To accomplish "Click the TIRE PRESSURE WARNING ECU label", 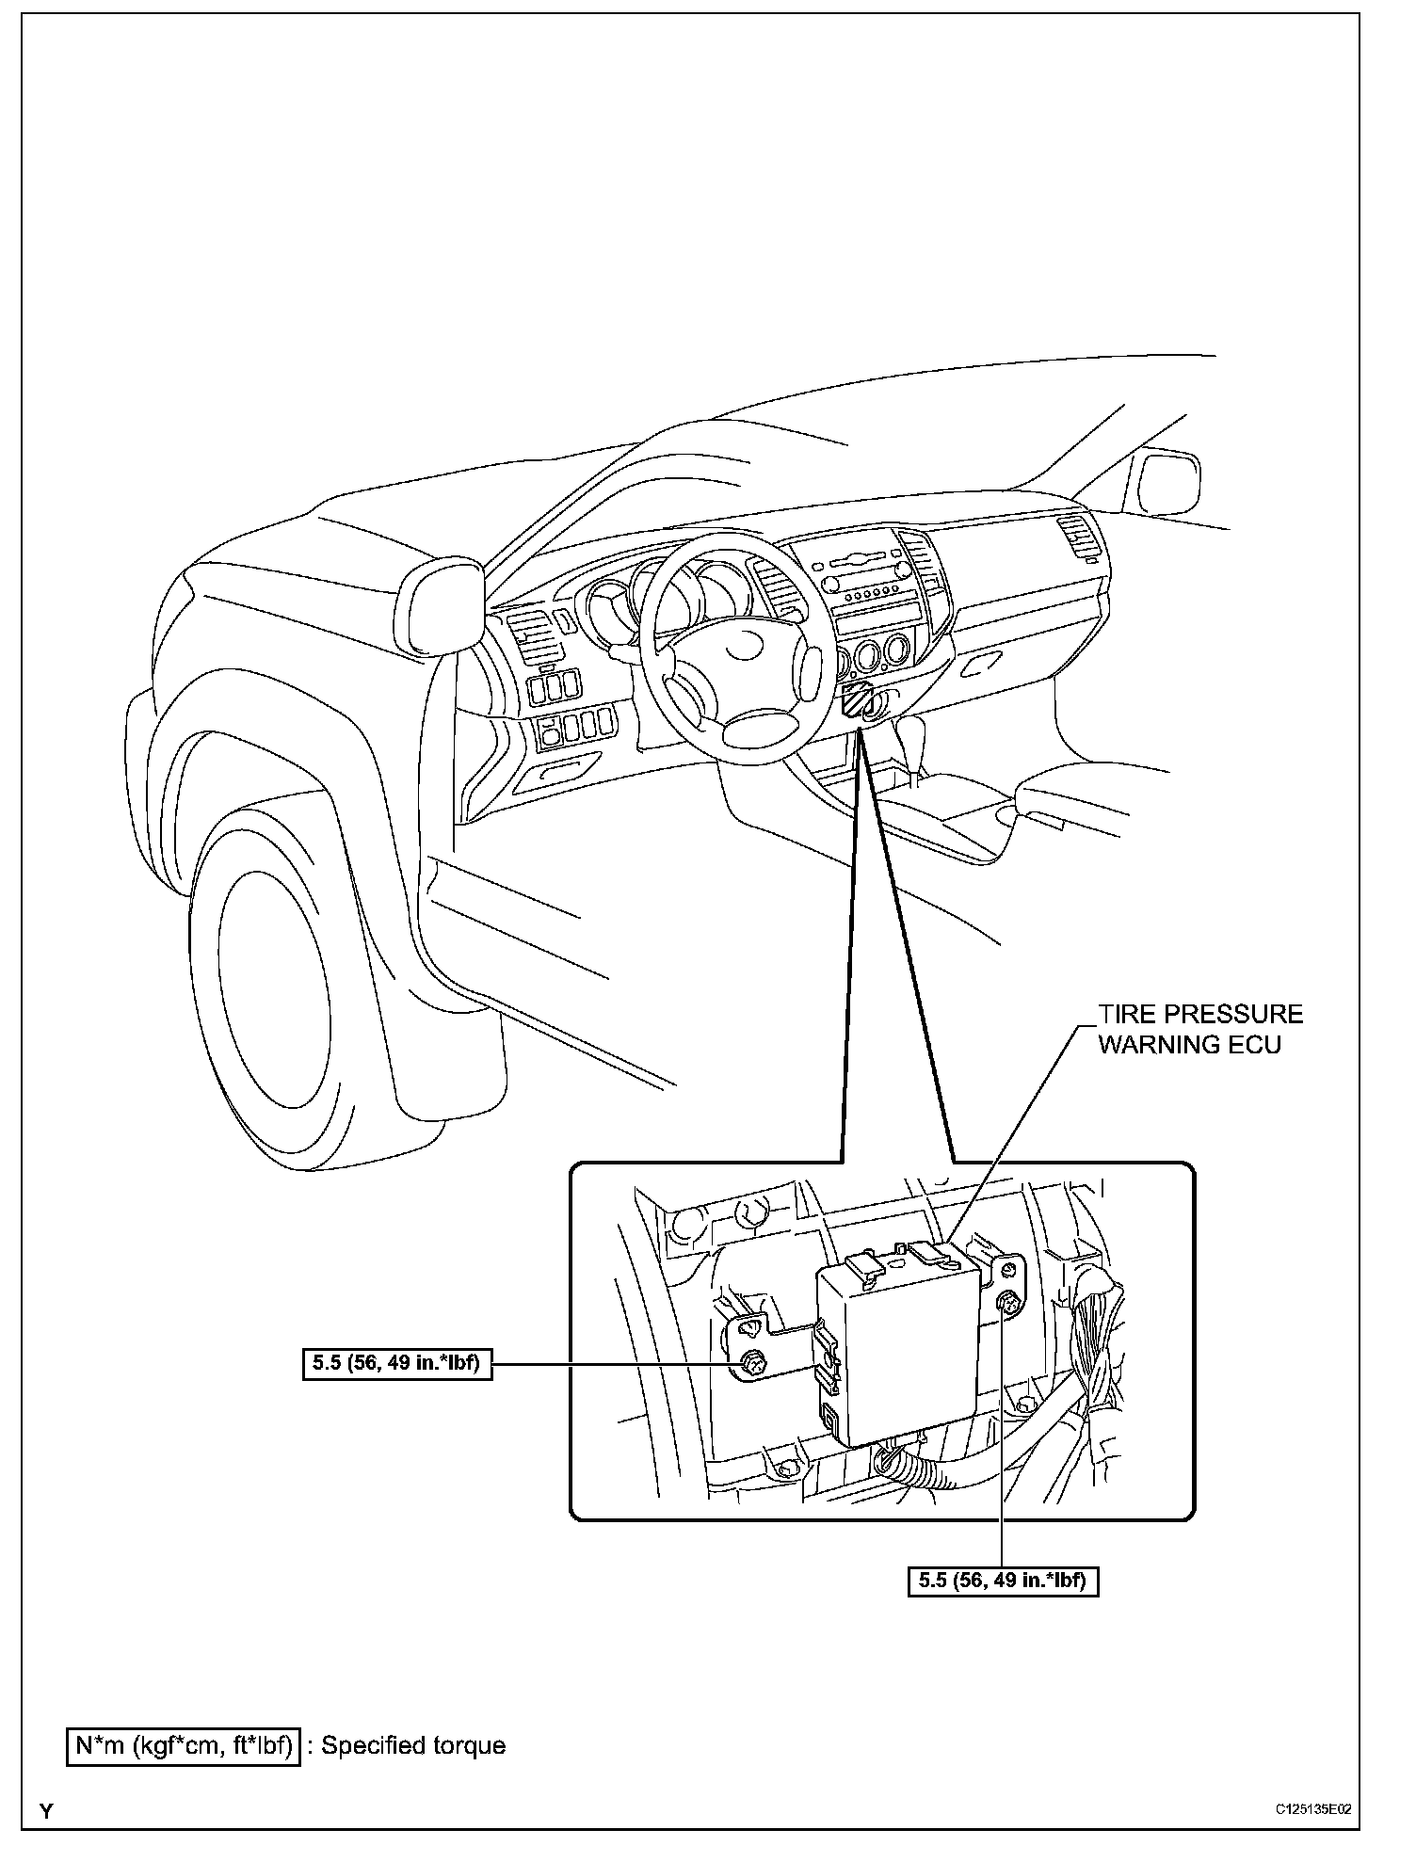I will [1199, 1029].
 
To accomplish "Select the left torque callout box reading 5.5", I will [397, 1364].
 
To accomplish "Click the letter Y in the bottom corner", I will [45, 1836].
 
